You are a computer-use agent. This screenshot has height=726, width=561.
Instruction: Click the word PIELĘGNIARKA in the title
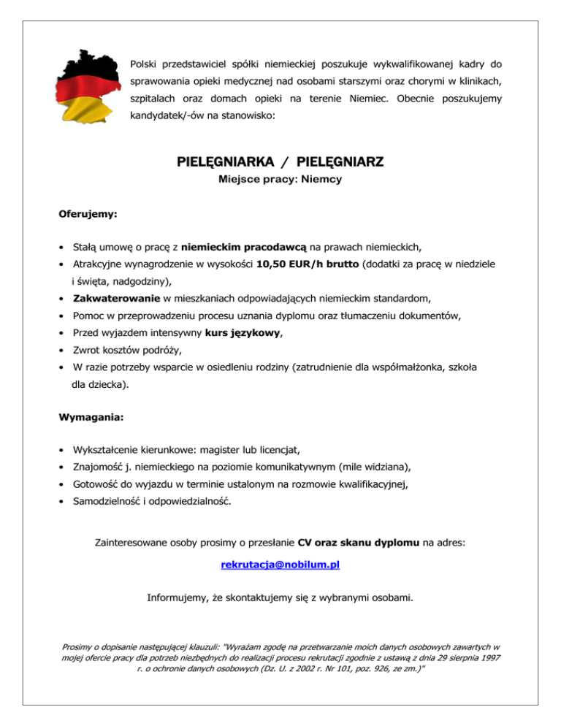(221, 161)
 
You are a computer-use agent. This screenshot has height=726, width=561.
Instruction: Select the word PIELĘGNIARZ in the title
(337, 161)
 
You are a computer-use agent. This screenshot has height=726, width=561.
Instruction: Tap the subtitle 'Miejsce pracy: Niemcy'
(280, 178)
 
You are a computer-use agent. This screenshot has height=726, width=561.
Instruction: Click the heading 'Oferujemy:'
(88, 215)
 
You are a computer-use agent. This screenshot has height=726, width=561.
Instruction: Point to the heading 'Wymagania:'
(90, 419)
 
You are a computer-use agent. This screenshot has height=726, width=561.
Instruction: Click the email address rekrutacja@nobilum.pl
(280, 565)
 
